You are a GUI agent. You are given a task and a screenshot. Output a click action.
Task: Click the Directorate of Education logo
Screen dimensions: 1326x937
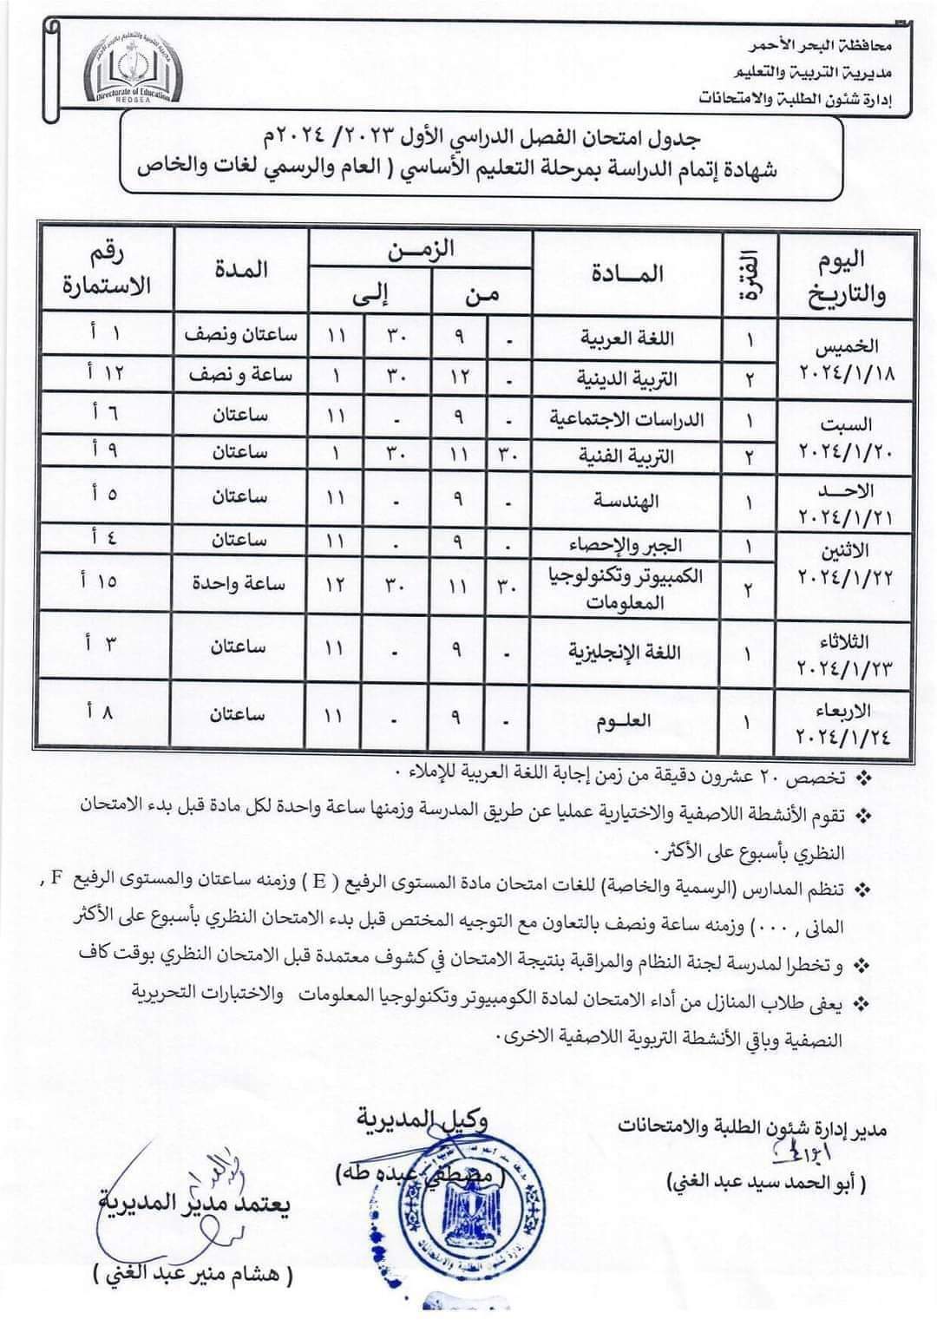click(x=134, y=69)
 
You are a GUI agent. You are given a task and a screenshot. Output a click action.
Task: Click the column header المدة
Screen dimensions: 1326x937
click(x=241, y=270)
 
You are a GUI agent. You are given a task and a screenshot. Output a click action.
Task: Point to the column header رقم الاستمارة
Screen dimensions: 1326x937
click(x=106, y=270)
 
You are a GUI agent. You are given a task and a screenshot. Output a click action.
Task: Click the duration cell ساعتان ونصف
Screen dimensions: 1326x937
click(x=240, y=336)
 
